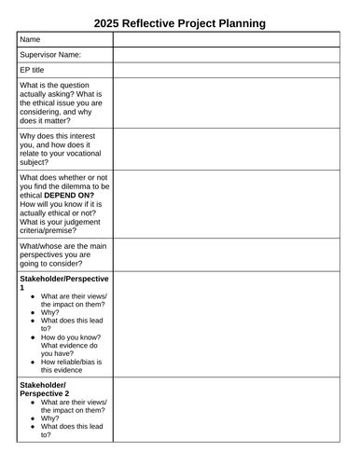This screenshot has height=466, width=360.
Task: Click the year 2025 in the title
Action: [x=108, y=21]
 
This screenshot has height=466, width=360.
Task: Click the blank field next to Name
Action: [x=228, y=39]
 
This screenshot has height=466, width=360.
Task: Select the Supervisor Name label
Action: [x=50, y=55]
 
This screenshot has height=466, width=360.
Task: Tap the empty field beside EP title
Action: [x=228, y=70]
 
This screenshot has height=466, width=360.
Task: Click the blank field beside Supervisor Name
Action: [x=228, y=55]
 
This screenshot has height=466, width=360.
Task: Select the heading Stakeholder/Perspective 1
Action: [x=63, y=283]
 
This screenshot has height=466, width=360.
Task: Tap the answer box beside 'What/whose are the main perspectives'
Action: [x=228, y=254]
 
